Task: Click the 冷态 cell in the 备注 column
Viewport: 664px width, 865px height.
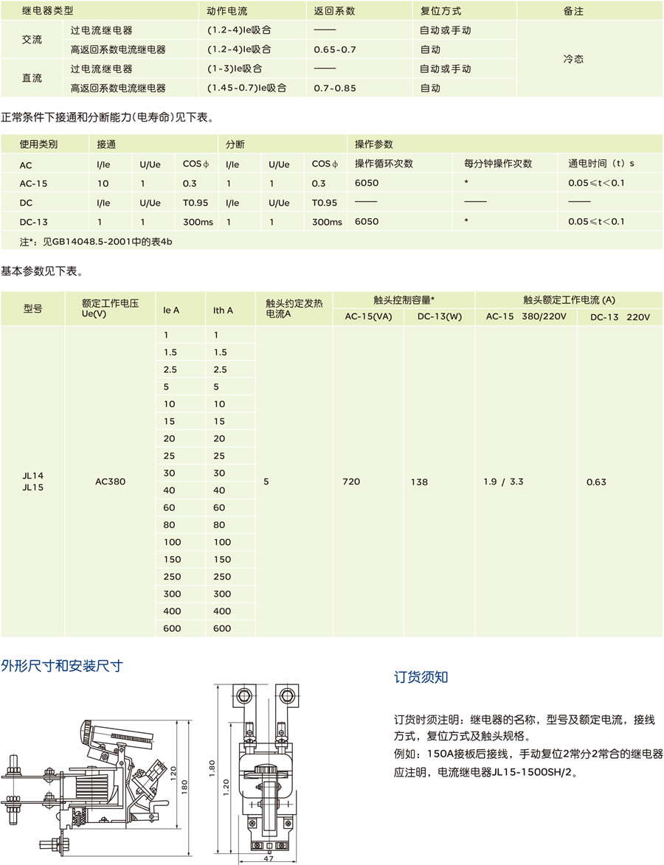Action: pyautogui.click(x=573, y=60)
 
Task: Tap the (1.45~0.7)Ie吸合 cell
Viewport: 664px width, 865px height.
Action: pyautogui.click(x=246, y=88)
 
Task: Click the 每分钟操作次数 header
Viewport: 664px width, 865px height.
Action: pyautogui.click(x=498, y=164)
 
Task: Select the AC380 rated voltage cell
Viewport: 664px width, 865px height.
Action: pyautogui.click(x=111, y=482)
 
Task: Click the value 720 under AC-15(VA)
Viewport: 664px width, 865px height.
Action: pyautogui.click(x=351, y=482)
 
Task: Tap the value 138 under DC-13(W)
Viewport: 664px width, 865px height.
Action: pyautogui.click(x=419, y=482)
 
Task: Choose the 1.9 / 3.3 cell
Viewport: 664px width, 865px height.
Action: pyautogui.click(x=503, y=482)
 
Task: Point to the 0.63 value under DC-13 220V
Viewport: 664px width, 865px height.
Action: pyautogui.click(x=596, y=482)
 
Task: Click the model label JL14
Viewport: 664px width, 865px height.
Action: pyautogui.click(x=32, y=476)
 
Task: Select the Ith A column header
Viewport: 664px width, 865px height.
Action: pyautogui.click(x=223, y=310)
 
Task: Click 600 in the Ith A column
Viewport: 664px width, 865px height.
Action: pyautogui.click(x=222, y=628)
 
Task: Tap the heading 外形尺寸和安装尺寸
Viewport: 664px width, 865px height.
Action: pyautogui.click(x=62, y=667)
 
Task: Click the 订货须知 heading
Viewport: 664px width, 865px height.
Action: pyautogui.click(x=421, y=678)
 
